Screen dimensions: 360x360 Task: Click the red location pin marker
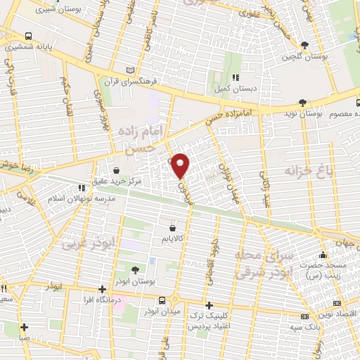click(x=181, y=165)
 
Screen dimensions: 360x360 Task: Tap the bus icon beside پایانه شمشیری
click(x=27, y=35)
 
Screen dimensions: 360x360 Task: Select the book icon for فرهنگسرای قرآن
click(x=129, y=70)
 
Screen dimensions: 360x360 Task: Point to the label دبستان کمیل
click(x=235, y=89)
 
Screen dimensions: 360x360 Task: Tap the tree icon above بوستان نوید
click(x=304, y=101)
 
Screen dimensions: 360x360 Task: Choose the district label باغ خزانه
click(x=307, y=170)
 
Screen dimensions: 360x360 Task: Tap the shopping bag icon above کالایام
click(x=172, y=229)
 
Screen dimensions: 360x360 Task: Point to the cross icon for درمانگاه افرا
click(x=103, y=289)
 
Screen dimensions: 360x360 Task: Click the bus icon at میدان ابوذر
click(x=163, y=300)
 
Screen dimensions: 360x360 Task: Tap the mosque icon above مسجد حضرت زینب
click(x=323, y=255)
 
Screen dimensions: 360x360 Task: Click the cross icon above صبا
click(x=25, y=326)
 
